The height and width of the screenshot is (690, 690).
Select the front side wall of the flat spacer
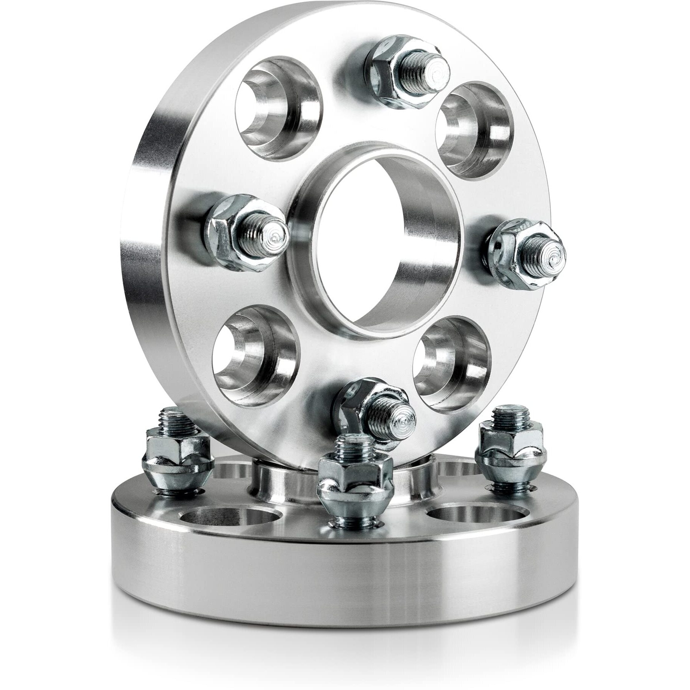click(x=342, y=593)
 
